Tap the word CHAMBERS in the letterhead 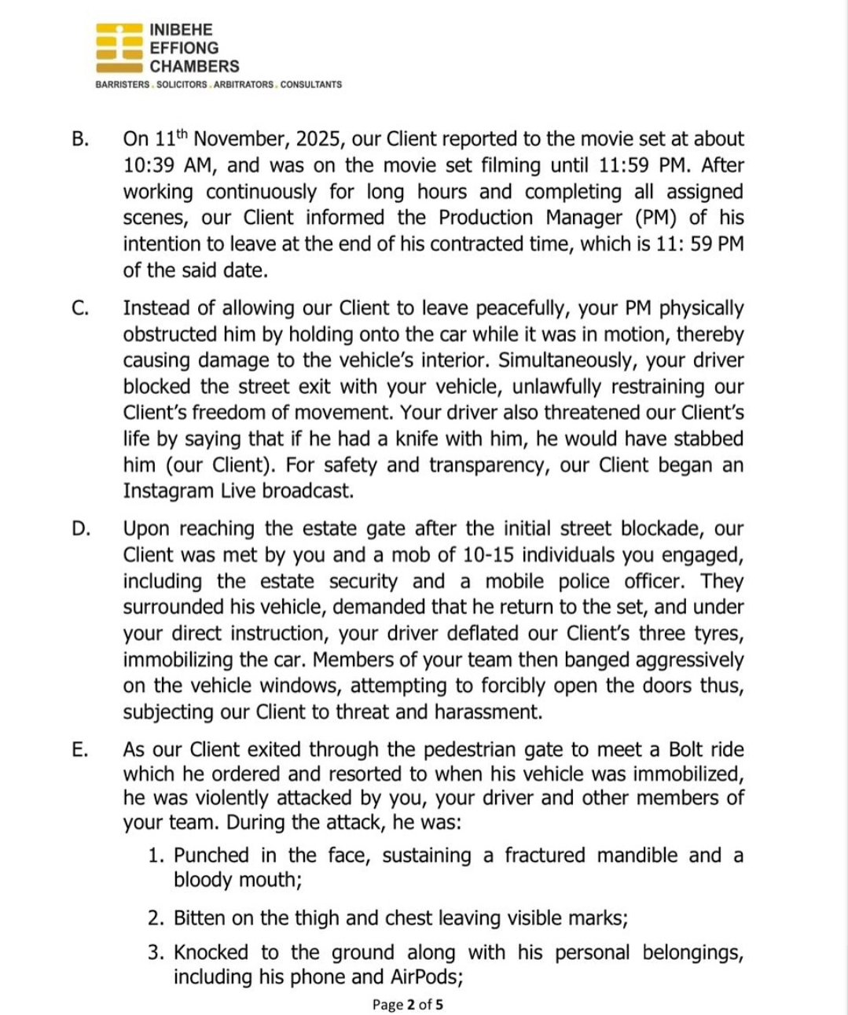click(194, 67)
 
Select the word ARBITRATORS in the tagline click(244, 84)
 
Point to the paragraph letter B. click(79, 139)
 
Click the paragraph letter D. click(80, 528)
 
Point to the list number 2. click(155, 918)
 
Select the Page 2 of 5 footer click(407, 1004)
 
